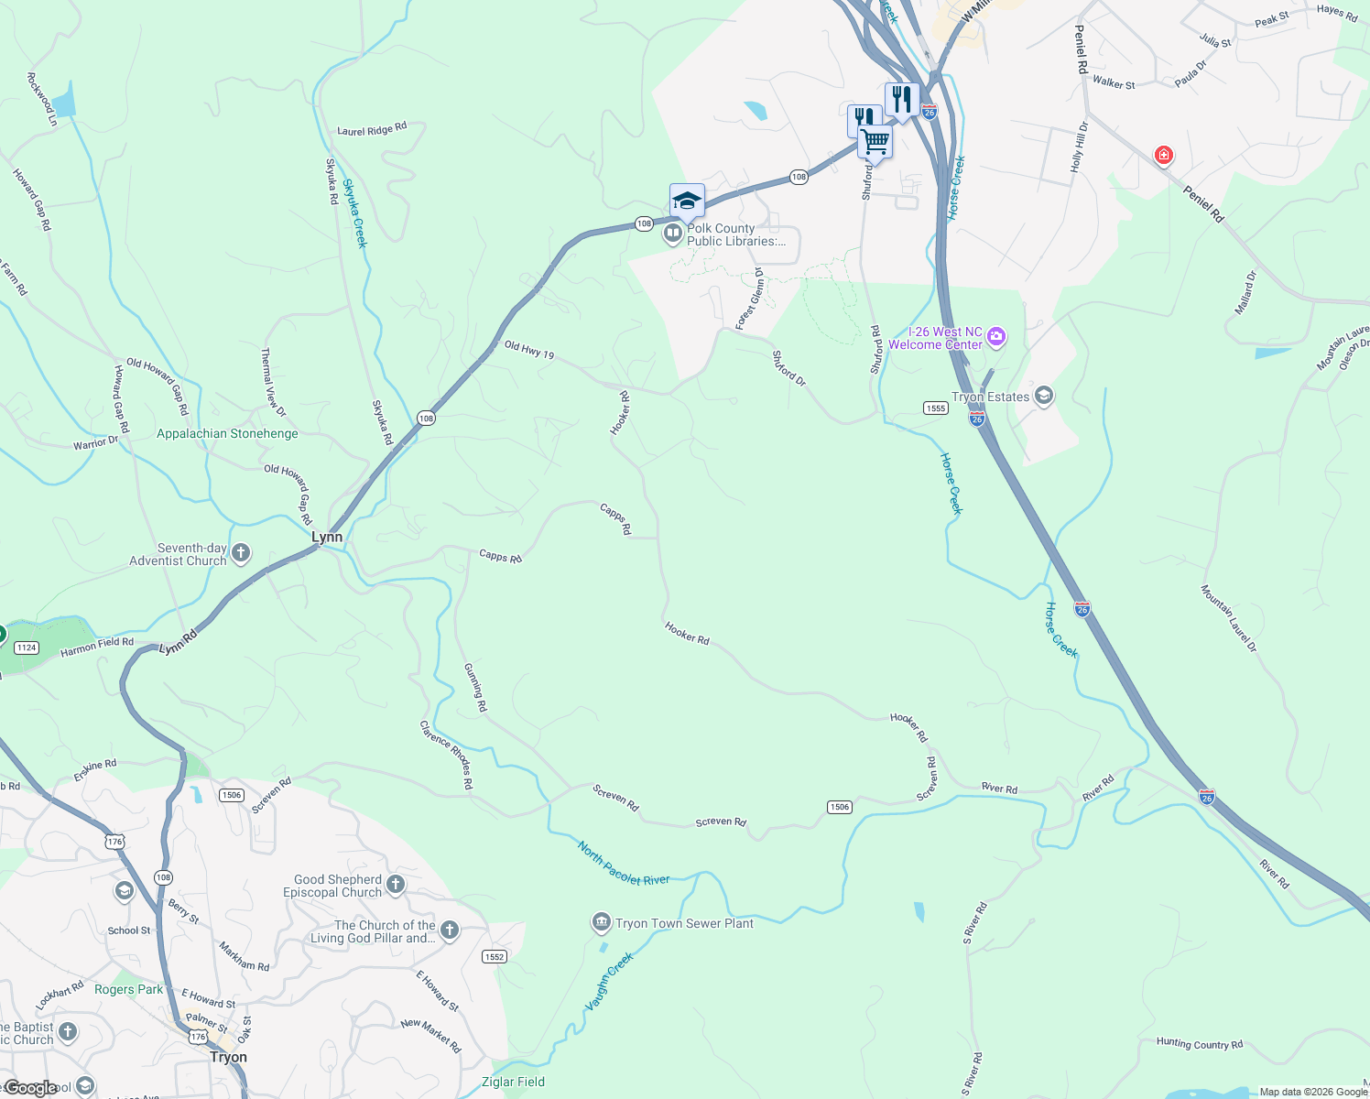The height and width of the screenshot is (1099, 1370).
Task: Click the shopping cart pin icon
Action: (x=875, y=143)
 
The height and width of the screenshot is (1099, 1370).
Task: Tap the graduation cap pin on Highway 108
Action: (x=686, y=201)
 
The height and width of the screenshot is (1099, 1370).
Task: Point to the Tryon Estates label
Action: (x=990, y=397)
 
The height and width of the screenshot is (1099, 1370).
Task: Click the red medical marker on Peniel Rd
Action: (x=1163, y=156)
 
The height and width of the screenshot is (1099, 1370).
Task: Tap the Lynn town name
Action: (x=327, y=538)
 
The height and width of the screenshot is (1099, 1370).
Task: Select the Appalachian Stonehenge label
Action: (x=227, y=433)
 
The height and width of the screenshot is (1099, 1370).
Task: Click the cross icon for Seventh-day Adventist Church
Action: (x=241, y=553)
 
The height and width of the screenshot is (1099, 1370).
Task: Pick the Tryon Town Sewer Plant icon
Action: (x=602, y=922)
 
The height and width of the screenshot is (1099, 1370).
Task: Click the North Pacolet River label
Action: (x=624, y=864)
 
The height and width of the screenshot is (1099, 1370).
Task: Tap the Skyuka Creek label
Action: (x=354, y=213)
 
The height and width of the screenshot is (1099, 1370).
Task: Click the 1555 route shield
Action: (x=935, y=408)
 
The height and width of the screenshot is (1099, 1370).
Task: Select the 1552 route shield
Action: (x=494, y=956)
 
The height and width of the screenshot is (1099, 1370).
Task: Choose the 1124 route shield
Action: (x=27, y=647)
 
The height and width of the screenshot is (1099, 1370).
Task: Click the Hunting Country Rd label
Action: (x=1199, y=1043)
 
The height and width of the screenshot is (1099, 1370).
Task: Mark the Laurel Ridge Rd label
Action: (x=371, y=130)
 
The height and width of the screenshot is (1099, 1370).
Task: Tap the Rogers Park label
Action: (x=128, y=989)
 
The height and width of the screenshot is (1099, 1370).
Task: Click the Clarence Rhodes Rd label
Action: (x=446, y=756)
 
